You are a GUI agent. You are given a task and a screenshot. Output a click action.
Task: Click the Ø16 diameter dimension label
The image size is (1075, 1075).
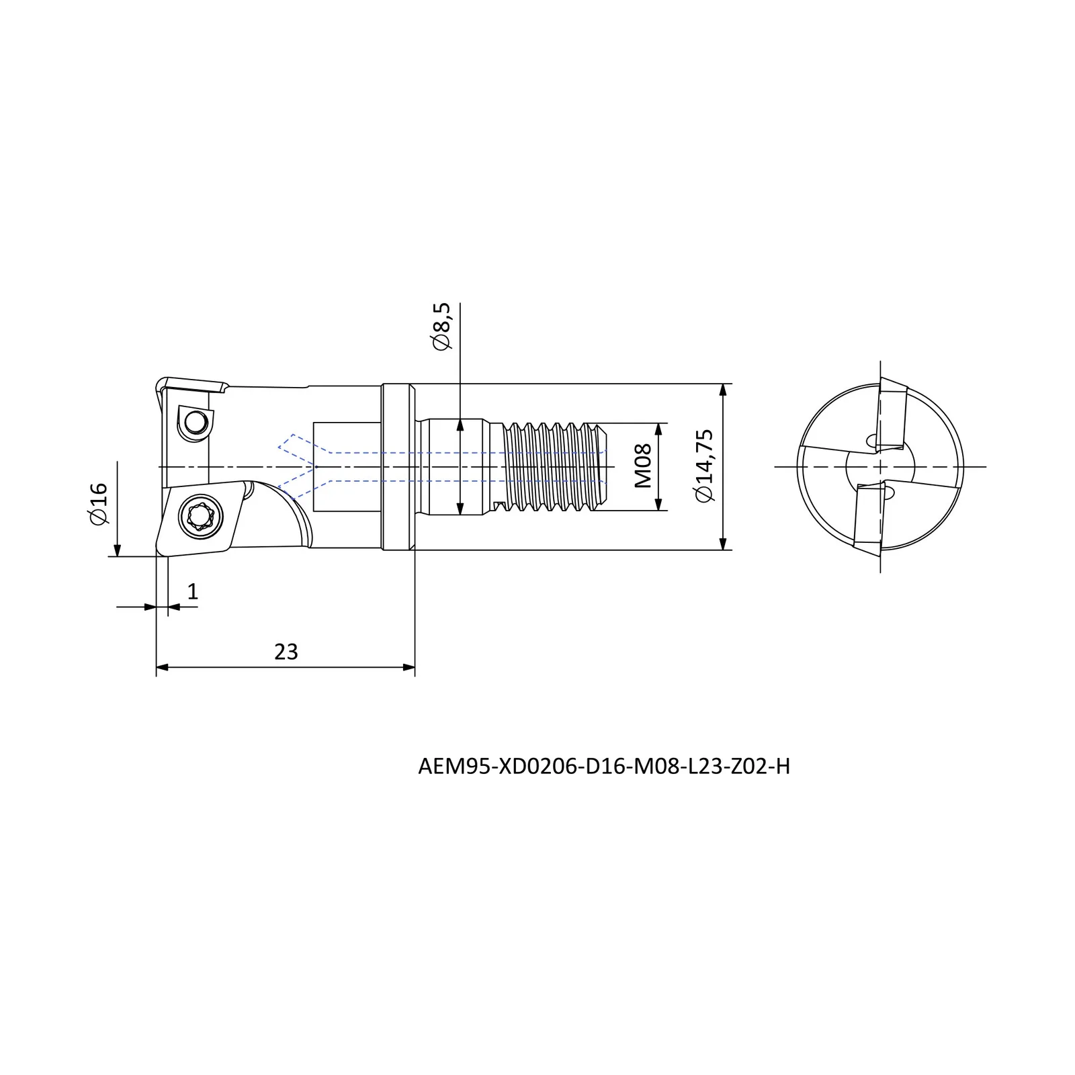tap(98, 503)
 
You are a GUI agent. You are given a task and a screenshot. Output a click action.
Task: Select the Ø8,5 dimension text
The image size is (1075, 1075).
tap(442, 326)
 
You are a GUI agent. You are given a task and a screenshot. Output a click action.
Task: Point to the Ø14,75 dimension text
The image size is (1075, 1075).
tap(705, 465)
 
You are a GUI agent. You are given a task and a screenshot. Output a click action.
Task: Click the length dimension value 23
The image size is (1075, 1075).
tap(286, 652)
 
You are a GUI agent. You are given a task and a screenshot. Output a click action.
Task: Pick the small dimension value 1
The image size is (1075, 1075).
tap(193, 592)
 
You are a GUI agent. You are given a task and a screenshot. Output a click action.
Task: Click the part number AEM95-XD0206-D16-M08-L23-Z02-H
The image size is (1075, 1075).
tap(604, 766)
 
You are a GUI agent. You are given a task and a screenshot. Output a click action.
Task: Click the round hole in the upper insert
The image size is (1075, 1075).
tap(196, 423)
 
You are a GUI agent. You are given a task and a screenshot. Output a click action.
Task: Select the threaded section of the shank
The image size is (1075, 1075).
tap(554, 466)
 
